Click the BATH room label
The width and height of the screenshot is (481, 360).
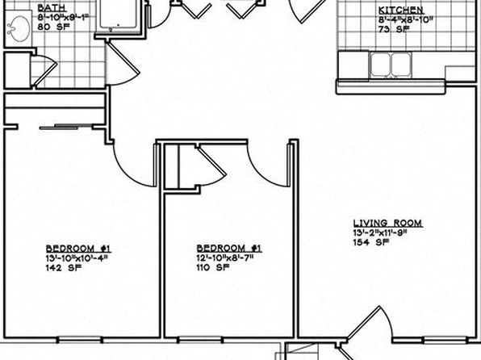point(52,7)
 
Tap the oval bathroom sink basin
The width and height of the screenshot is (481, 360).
point(19,28)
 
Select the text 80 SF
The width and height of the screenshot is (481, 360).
point(54,27)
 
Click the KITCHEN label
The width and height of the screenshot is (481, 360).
point(400,10)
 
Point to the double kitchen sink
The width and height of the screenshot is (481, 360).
point(391,65)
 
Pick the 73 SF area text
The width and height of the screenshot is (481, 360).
point(394,30)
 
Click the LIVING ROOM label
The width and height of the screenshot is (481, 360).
point(387,223)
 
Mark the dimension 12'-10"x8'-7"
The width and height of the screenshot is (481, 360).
point(225,257)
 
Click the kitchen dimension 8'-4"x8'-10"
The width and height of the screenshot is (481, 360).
point(405,20)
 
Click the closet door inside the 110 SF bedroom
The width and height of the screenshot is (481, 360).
point(211,165)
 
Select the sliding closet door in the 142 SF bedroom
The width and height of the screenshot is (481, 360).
point(66,127)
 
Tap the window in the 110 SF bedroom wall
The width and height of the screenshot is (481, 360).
point(201,340)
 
